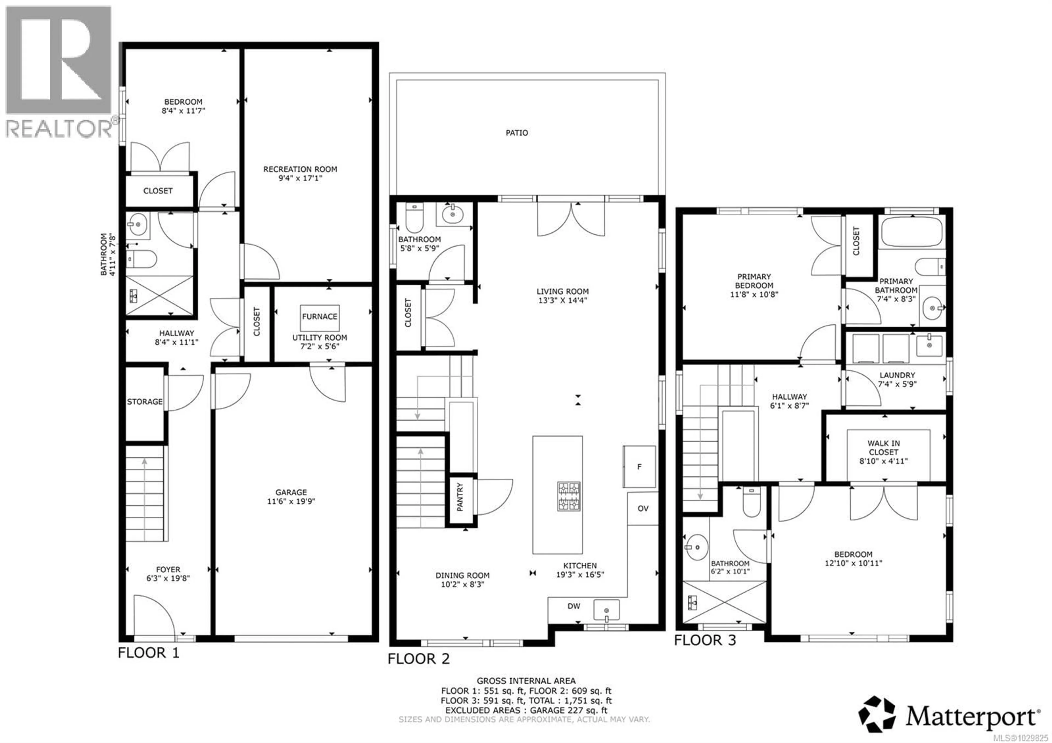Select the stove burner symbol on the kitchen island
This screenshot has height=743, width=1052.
[569, 496]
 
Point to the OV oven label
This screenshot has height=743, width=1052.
[643, 508]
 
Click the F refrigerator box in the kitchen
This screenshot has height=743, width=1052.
[639, 467]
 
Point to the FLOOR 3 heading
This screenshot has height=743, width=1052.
[704, 640]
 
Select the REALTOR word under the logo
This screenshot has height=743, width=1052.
[59, 129]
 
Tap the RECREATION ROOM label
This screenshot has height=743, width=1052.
[300, 169]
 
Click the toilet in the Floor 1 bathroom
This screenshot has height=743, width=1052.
[142, 259]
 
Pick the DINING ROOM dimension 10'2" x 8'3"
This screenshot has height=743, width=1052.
[462, 584]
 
